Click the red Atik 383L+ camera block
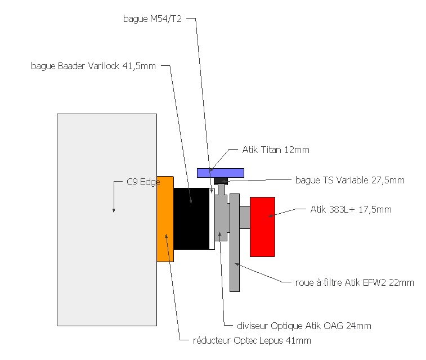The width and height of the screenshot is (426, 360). [x=262, y=227]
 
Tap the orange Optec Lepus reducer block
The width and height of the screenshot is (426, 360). [x=165, y=219]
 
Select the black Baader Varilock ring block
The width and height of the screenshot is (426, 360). [x=191, y=219]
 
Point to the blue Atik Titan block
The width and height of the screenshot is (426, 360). [x=220, y=172]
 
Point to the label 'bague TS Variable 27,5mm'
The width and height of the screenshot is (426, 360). [x=349, y=181]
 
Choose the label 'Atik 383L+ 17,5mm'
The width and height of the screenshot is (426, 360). [x=351, y=210]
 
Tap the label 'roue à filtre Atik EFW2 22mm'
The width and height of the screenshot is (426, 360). [x=355, y=282]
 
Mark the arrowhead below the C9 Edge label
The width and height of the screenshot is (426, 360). [x=114, y=210]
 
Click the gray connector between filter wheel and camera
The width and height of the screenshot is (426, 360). [x=245, y=217]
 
